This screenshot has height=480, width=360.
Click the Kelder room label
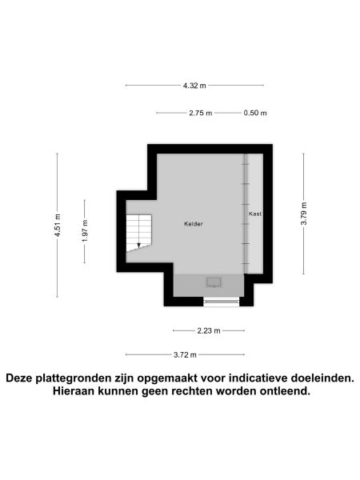[192, 224]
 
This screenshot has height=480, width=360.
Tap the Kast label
[255, 214]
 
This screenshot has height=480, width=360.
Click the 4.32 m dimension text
[194, 85]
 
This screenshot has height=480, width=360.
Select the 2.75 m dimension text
[201, 113]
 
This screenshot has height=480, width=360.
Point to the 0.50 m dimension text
[255, 113]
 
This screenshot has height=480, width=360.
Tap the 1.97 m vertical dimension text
[85, 231]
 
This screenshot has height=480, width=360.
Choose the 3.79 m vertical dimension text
[303, 213]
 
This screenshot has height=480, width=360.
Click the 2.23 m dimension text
[209, 330]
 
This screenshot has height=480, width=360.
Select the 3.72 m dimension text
[186, 354]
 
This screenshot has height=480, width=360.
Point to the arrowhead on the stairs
[139, 245]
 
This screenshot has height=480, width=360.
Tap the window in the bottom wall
[220, 302]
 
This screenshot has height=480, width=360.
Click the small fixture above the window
[214, 282]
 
